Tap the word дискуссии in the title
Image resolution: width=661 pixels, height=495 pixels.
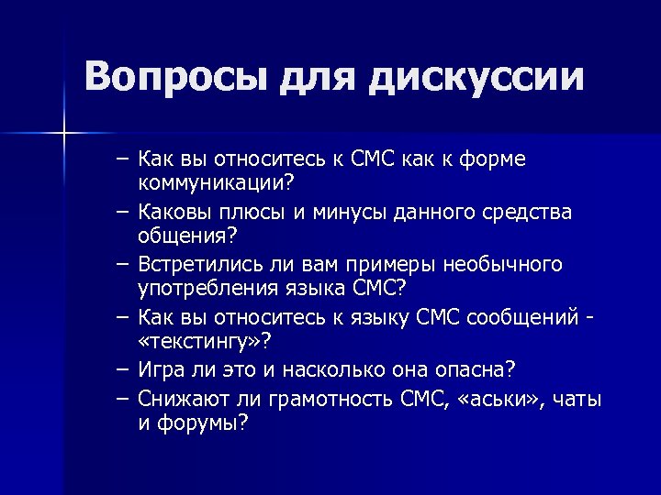pos(478,77)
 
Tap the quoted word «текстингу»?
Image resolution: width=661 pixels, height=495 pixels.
pos(205,342)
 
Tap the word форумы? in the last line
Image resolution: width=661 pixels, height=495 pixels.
pos(202,424)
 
